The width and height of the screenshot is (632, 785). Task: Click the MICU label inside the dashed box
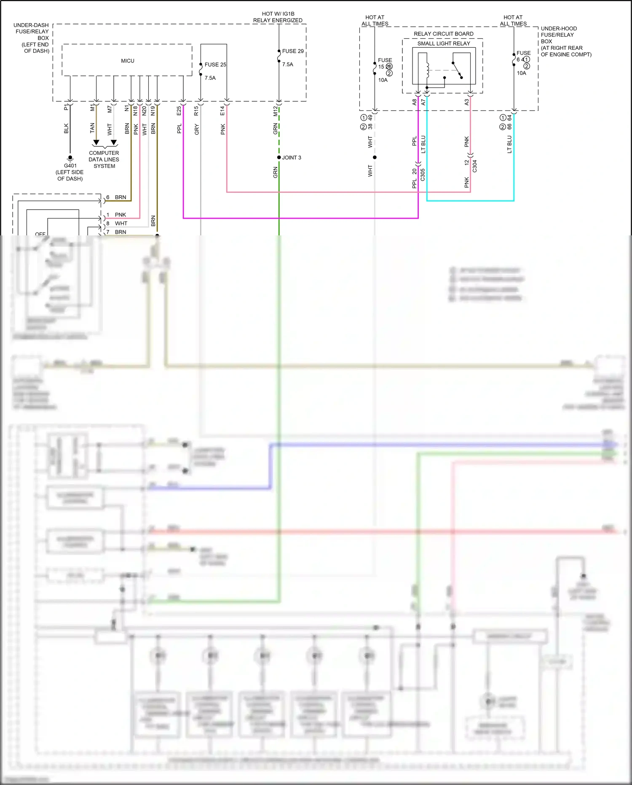click(128, 61)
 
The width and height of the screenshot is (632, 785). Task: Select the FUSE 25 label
click(215, 65)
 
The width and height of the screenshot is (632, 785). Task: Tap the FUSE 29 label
click(293, 51)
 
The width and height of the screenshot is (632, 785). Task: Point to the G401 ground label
click(70, 166)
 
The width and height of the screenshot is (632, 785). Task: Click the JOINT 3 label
click(292, 158)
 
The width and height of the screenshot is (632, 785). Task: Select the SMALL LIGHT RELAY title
click(444, 43)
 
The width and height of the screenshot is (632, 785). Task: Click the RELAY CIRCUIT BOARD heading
click(443, 34)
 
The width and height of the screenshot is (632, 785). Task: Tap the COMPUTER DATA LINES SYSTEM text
click(104, 159)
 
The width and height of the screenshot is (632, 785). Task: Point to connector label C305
click(423, 175)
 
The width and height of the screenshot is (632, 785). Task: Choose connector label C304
click(474, 166)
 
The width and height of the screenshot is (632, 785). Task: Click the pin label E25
click(179, 111)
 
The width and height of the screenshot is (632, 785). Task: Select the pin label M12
click(276, 111)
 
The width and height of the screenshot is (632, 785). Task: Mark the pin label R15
click(196, 111)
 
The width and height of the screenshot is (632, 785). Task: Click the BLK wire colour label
click(66, 128)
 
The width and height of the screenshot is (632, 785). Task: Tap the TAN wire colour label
click(92, 128)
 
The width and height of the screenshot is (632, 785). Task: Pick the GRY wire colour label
click(197, 129)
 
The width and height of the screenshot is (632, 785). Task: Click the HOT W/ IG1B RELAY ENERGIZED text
click(278, 17)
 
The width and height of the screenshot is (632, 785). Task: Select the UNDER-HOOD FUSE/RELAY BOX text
click(565, 41)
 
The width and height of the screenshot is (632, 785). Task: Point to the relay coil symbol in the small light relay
click(427, 70)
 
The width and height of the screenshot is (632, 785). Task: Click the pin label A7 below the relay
click(423, 102)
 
